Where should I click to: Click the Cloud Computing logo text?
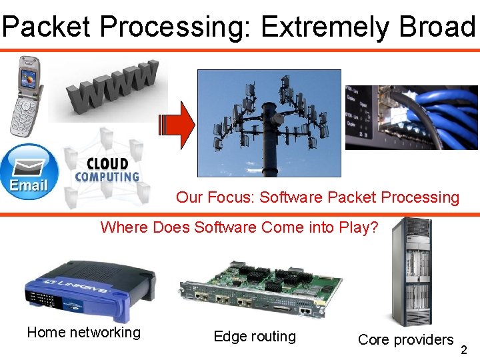coord(107,170)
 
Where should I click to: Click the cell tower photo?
coord(269,123)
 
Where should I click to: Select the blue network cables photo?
coord(411,118)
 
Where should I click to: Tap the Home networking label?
coord(84,332)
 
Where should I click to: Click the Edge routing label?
coord(255,337)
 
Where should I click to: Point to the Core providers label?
coord(405,339)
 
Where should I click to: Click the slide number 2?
coord(464,350)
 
